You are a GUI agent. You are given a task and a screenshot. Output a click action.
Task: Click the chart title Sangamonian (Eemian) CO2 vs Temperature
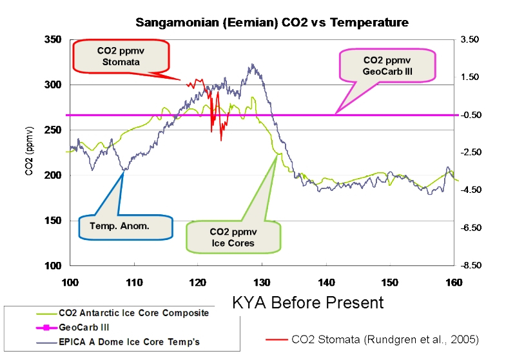271,23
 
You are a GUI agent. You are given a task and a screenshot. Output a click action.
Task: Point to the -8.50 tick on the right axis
469,266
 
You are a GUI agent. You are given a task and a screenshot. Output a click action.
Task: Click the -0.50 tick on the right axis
469,115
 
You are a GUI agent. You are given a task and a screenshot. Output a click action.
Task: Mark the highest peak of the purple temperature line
252,64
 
